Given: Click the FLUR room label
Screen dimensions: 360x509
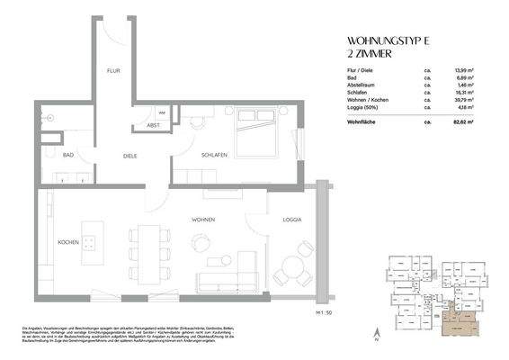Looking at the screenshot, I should coord(113,70).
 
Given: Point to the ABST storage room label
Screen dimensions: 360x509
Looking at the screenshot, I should coord(153,125).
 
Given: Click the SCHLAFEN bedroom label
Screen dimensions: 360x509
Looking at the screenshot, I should coord(213,155).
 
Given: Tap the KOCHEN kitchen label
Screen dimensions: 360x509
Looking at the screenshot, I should coord(69,243).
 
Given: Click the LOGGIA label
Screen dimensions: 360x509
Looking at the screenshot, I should coord(290,220).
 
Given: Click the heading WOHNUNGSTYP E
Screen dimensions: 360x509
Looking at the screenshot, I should coord(389,40).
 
